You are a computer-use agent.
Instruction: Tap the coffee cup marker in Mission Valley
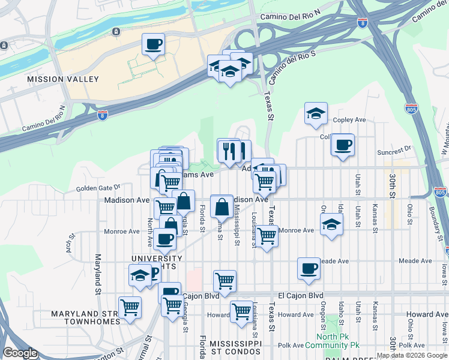click(x=153, y=44)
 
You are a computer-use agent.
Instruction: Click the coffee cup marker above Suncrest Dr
click(x=343, y=145)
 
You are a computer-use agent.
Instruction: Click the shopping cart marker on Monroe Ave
click(x=267, y=236)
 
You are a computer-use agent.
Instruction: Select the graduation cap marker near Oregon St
click(x=330, y=225)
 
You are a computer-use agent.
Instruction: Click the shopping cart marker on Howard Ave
click(x=241, y=311)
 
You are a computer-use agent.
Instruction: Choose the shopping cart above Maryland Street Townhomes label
click(x=130, y=307)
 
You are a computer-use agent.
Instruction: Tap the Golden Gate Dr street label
click(x=98, y=188)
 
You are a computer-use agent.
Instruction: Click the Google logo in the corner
click(x=20, y=353)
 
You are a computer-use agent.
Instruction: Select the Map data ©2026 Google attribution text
click(x=412, y=355)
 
